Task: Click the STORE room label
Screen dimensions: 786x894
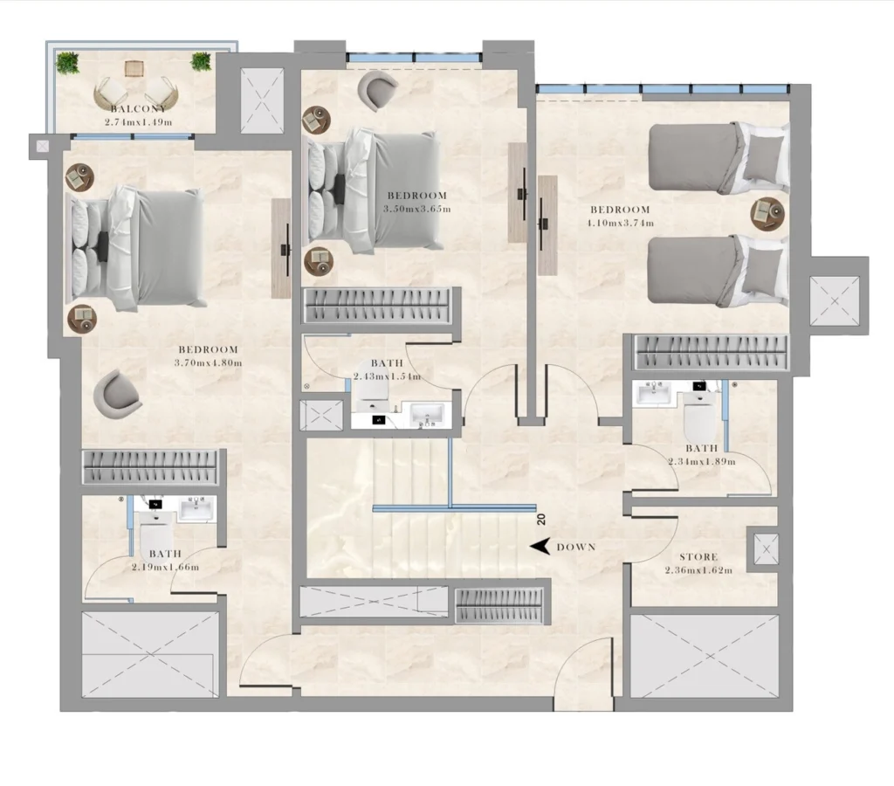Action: (698, 556)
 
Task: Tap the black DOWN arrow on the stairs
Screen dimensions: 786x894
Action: (541, 548)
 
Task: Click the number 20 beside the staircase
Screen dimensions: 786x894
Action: (541, 519)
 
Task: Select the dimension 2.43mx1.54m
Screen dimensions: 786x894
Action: (388, 376)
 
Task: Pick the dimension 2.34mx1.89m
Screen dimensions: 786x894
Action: (702, 461)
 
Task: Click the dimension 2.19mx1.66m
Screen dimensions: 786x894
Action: (165, 567)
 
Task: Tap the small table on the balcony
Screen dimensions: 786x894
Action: (134, 68)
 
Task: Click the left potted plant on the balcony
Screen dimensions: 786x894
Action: (67, 62)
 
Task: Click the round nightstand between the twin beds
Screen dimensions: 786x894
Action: (767, 211)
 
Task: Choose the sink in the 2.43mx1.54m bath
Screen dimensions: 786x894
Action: (427, 415)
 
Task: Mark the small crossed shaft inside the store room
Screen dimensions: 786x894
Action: (766, 548)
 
